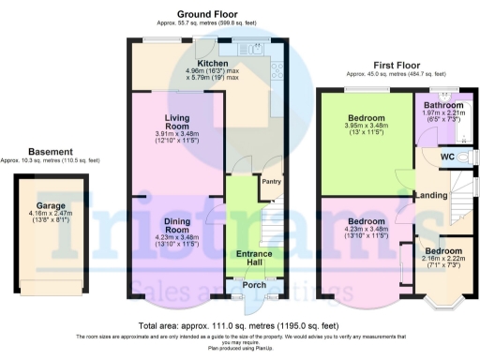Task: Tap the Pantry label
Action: pyautogui.click(x=272, y=182)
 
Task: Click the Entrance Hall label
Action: pyautogui.click(x=253, y=259)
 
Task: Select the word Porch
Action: pyautogui.click(x=253, y=286)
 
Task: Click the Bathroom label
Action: pyautogui.click(x=442, y=106)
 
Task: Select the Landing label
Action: pyautogui.click(x=430, y=195)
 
